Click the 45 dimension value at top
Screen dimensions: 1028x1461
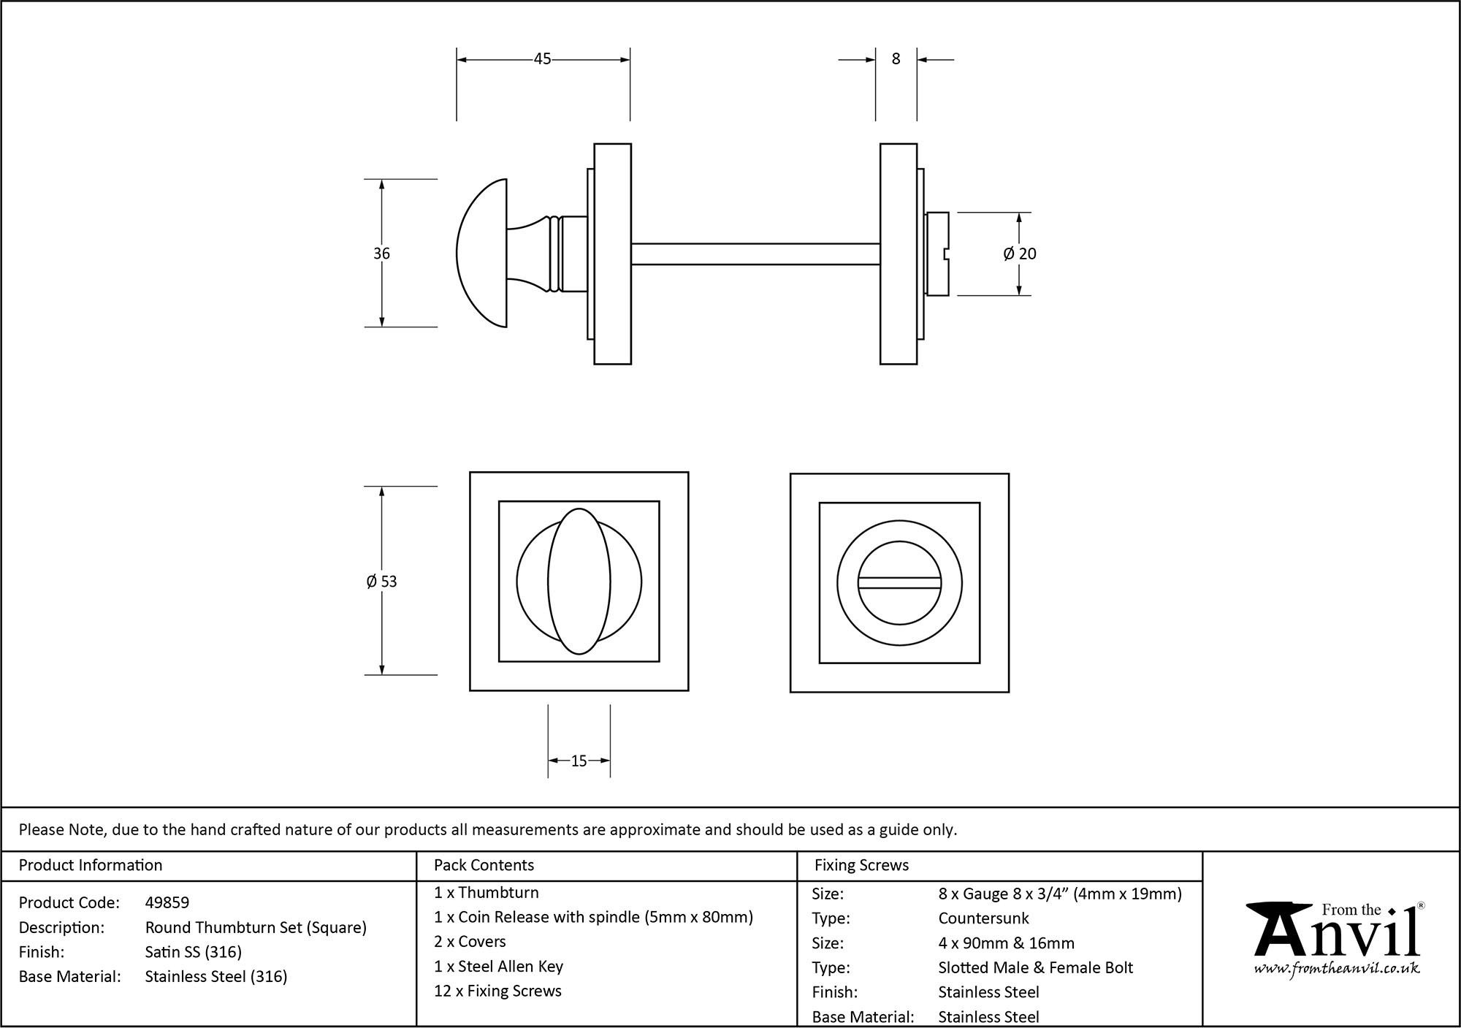[542, 59]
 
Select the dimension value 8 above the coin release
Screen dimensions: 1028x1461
[896, 59]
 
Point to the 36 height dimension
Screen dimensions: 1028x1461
[381, 254]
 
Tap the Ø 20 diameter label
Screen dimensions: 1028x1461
[1020, 254]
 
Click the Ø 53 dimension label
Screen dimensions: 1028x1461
[381, 582]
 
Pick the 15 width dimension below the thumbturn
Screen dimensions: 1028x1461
[579, 761]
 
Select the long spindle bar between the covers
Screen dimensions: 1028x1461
[755, 254]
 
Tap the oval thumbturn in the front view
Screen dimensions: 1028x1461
[579, 582]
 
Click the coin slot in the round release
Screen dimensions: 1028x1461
[899, 582]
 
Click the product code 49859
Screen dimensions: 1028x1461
[167, 902]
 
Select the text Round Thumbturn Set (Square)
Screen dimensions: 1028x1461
[256, 927]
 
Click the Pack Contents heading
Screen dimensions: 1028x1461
[484, 865]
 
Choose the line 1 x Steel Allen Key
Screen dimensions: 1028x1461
[498, 967]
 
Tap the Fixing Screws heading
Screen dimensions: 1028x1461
[861, 865]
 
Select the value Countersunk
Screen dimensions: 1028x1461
[983, 918]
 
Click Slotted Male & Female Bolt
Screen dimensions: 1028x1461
[1035, 967]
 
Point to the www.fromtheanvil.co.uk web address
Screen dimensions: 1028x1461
[1336, 969]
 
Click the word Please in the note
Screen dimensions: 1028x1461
[41, 829]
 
